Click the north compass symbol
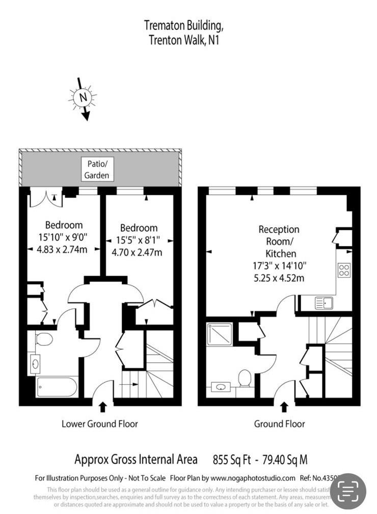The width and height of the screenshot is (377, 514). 83,97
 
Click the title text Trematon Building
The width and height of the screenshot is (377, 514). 183,25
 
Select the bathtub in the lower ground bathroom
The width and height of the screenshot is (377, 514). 57,387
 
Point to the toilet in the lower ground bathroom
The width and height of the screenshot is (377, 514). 45,339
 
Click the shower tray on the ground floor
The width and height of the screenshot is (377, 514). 220,334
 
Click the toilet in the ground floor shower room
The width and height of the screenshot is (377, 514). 245,378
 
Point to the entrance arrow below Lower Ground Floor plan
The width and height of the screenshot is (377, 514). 103,407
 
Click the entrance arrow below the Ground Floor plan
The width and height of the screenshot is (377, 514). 284,407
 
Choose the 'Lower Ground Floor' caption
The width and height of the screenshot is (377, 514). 100,424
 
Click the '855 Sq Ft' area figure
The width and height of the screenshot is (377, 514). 232,460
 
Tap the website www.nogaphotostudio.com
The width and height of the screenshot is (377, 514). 253,478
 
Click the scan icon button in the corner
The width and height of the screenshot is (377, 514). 348,491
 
